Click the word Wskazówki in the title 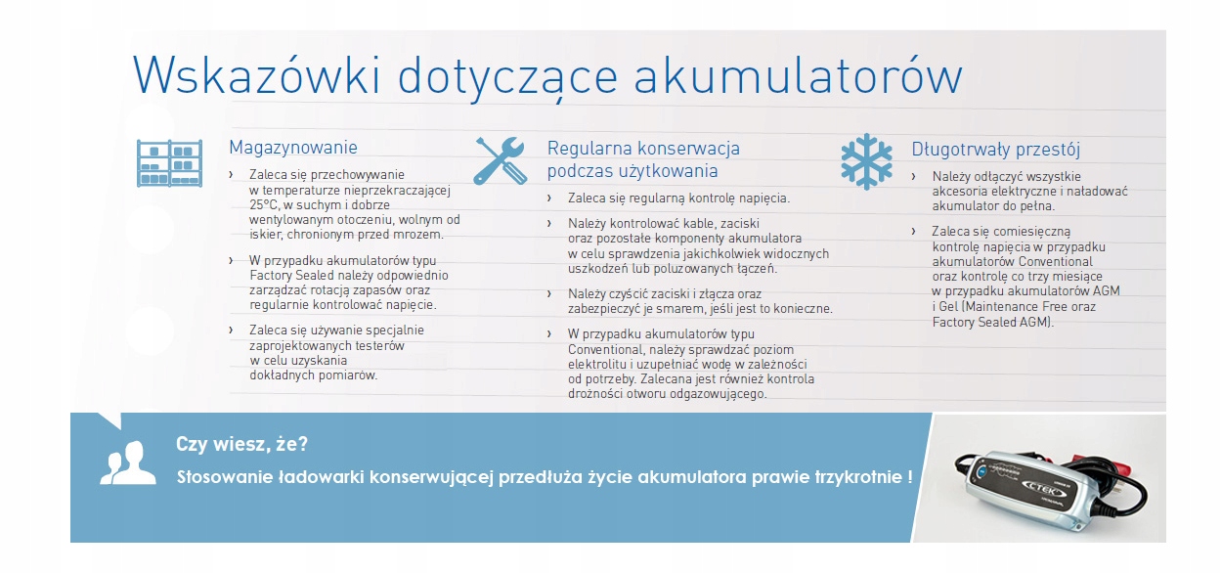(256, 75)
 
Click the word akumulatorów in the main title (798, 75)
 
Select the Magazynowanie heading (293, 148)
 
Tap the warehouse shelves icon (169, 163)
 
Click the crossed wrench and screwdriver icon (501, 160)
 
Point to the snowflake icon (867, 162)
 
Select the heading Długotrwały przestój (996, 150)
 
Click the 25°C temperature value (264, 205)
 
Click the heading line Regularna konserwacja (643, 149)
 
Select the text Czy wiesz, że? (241, 444)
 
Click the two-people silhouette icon (127, 463)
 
